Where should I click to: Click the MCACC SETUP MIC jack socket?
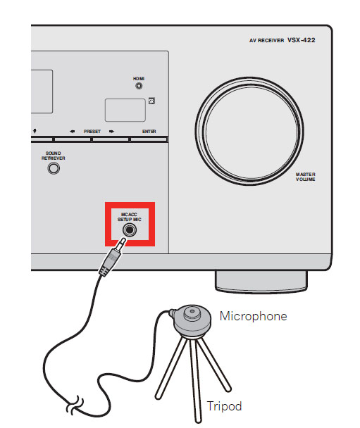(x=130, y=229)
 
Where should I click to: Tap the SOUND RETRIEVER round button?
(x=54, y=168)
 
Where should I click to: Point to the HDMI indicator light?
(x=139, y=86)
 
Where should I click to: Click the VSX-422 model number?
(x=302, y=40)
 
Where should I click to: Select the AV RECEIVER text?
(x=266, y=40)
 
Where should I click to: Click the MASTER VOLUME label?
(x=305, y=177)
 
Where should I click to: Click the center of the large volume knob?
(x=249, y=131)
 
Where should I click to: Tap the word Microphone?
(x=254, y=316)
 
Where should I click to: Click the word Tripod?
(x=224, y=406)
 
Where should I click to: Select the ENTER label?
(x=149, y=132)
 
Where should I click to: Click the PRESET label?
(x=92, y=132)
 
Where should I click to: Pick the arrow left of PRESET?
(x=72, y=132)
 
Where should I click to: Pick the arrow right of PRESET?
(x=111, y=132)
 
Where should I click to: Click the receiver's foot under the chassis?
(x=261, y=282)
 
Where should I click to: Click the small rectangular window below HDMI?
(x=125, y=111)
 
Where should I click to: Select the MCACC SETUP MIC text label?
(x=129, y=217)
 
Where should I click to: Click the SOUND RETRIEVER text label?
(x=54, y=156)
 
